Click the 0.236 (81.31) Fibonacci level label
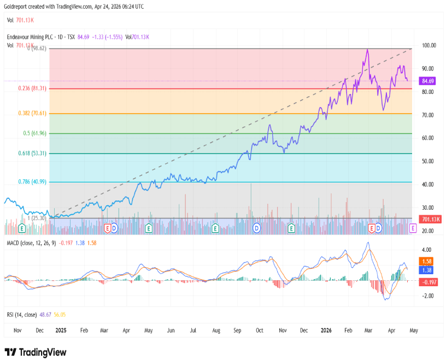tap(32, 88)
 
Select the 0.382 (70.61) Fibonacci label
tap(32, 114)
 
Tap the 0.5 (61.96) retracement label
tap(34, 133)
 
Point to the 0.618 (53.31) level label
tap(32, 154)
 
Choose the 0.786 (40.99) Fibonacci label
tap(32, 182)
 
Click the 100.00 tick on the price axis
tap(429, 45)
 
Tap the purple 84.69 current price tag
tap(427, 81)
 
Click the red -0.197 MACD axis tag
tap(427, 282)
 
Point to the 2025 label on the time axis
tap(61, 331)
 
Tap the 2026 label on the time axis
tap(326, 331)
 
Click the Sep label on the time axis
tap(237, 331)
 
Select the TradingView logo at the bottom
tap(36, 352)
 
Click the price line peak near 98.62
tap(367, 50)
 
